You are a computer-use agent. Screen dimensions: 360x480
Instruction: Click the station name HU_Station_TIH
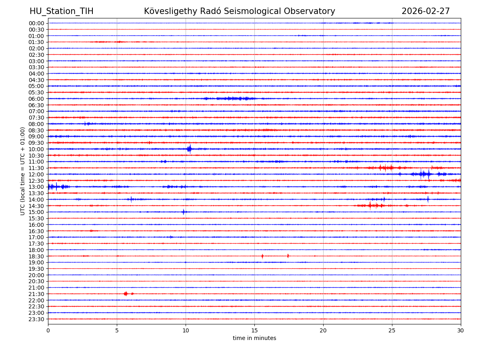61,11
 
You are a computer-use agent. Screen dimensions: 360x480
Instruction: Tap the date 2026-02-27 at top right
426,11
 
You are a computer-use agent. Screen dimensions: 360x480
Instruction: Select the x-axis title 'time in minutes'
254,338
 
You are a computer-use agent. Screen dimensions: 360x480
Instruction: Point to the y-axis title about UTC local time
23,171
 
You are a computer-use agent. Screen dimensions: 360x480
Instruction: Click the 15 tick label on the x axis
254,330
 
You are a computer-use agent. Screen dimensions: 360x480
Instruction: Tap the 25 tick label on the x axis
392,330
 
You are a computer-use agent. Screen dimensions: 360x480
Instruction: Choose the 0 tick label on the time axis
48,330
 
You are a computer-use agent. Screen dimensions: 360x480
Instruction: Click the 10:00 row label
36,149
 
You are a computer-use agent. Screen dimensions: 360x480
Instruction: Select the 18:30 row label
36,256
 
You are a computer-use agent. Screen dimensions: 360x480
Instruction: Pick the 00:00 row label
36,23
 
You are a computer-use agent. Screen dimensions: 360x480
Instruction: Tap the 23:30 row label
36,319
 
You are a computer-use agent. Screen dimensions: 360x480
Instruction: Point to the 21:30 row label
36,294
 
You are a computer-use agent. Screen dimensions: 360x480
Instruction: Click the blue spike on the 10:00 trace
189,149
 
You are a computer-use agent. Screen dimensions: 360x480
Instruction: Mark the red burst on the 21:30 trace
126,294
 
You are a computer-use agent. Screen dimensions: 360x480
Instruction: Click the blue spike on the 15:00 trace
184,212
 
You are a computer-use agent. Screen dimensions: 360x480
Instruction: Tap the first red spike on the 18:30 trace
262,256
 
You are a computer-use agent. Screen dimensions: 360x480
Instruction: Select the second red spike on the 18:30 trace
288,256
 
